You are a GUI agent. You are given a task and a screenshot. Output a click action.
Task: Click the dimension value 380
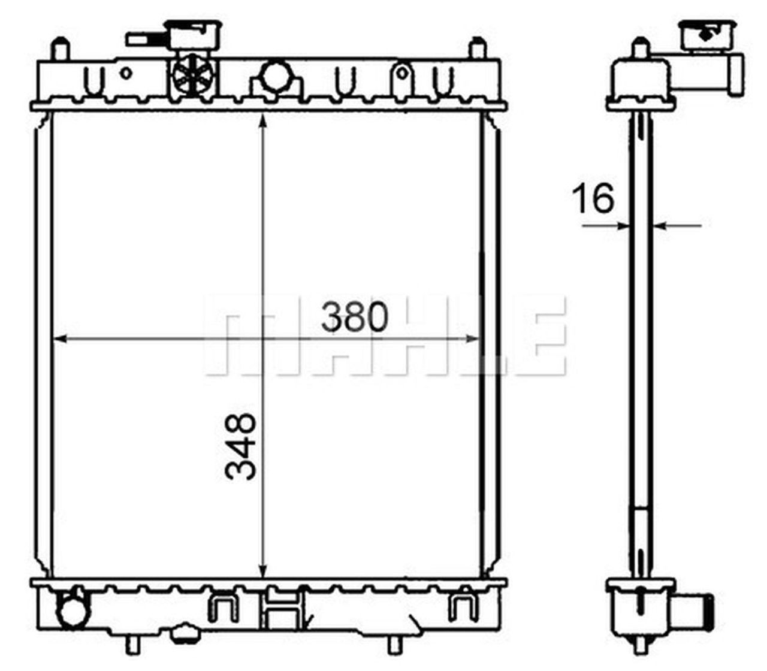click(354, 317)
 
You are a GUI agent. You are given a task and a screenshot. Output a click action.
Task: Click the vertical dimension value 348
click(241, 446)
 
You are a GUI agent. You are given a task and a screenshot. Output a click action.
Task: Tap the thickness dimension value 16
click(593, 198)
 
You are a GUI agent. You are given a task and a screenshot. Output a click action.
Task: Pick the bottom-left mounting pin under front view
click(133, 644)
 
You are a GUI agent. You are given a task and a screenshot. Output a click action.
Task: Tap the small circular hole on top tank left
click(125, 73)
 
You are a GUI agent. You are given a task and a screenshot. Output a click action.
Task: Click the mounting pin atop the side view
click(641, 47)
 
